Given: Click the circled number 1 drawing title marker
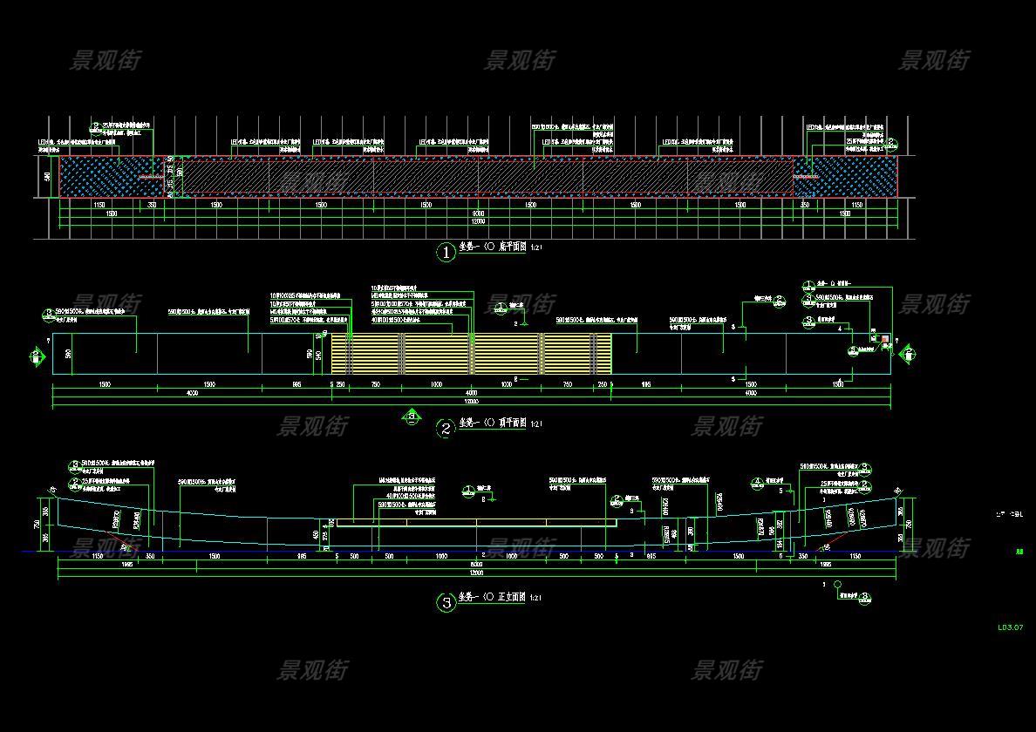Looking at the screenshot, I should pyautogui.click(x=446, y=253).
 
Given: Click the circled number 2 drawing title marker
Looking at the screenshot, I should pyautogui.click(x=446, y=428).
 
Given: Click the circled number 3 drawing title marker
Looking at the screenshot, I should pyautogui.click(x=446, y=602).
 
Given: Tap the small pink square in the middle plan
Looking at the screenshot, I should pyautogui.click(x=884, y=339).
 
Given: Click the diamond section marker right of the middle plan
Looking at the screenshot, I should pyautogui.click(x=907, y=354).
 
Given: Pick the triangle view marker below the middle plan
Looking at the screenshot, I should pyautogui.click(x=411, y=417).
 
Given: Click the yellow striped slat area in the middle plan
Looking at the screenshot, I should pyautogui.click(x=471, y=354).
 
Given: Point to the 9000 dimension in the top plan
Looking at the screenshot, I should pyautogui.click(x=478, y=213).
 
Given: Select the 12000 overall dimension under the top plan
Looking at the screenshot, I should pyautogui.click(x=478, y=221).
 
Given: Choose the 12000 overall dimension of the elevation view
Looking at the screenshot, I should pyautogui.click(x=476, y=573).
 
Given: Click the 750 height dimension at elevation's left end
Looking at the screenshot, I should pyautogui.click(x=37, y=524).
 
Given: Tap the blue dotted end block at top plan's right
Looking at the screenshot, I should pyautogui.click(x=853, y=176).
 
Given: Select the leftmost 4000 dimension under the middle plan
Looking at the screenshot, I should pyautogui.click(x=192, y=393).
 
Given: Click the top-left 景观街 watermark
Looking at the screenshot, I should pyautogui.click(x=105, y=60).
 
